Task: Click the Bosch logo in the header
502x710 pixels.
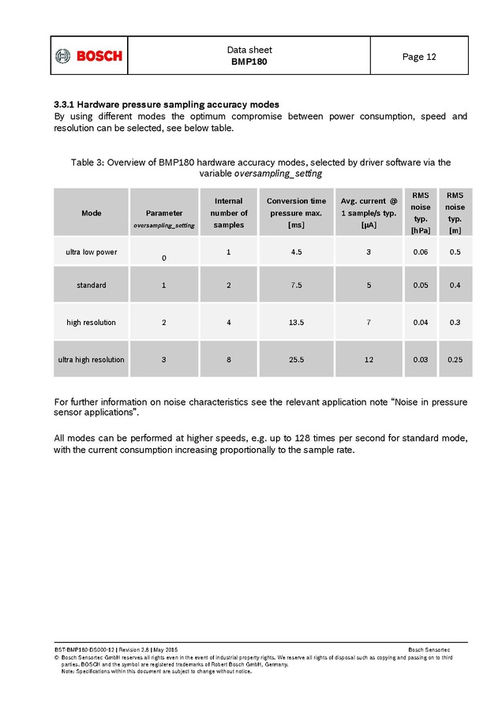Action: (x=88, y=56)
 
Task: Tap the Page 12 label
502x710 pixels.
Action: (x=418, y=56)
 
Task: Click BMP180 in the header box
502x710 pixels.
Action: (x=249, y=62)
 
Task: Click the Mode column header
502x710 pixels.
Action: (x=91, y=213)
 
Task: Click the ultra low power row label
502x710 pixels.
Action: (x=91, y=252)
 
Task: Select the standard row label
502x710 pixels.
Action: (x=91, y=285)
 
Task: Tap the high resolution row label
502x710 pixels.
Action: (x=91, y=322)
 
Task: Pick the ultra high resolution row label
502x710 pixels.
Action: (x=91, y=359)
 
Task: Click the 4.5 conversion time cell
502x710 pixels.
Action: (x=296, y=252)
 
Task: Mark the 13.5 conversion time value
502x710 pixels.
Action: (x=296, y=322)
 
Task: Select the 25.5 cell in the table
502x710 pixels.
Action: (x=296, y=359)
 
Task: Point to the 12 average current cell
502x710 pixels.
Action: (x=369, y=359)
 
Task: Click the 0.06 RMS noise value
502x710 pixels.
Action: (x=421, y=252)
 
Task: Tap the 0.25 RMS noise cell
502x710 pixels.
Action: (x=455, y=359)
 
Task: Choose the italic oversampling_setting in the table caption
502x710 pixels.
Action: (x=278, y=173)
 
